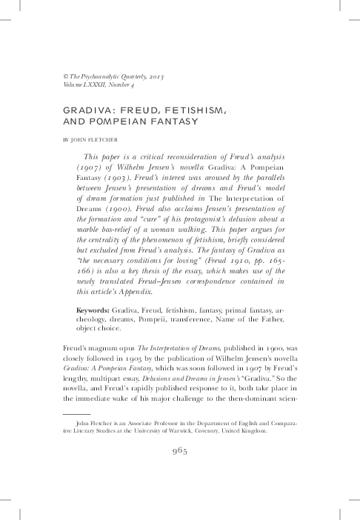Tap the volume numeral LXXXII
coord(109,86)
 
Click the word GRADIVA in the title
coord(89,110)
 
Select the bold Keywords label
coord(96,330)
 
